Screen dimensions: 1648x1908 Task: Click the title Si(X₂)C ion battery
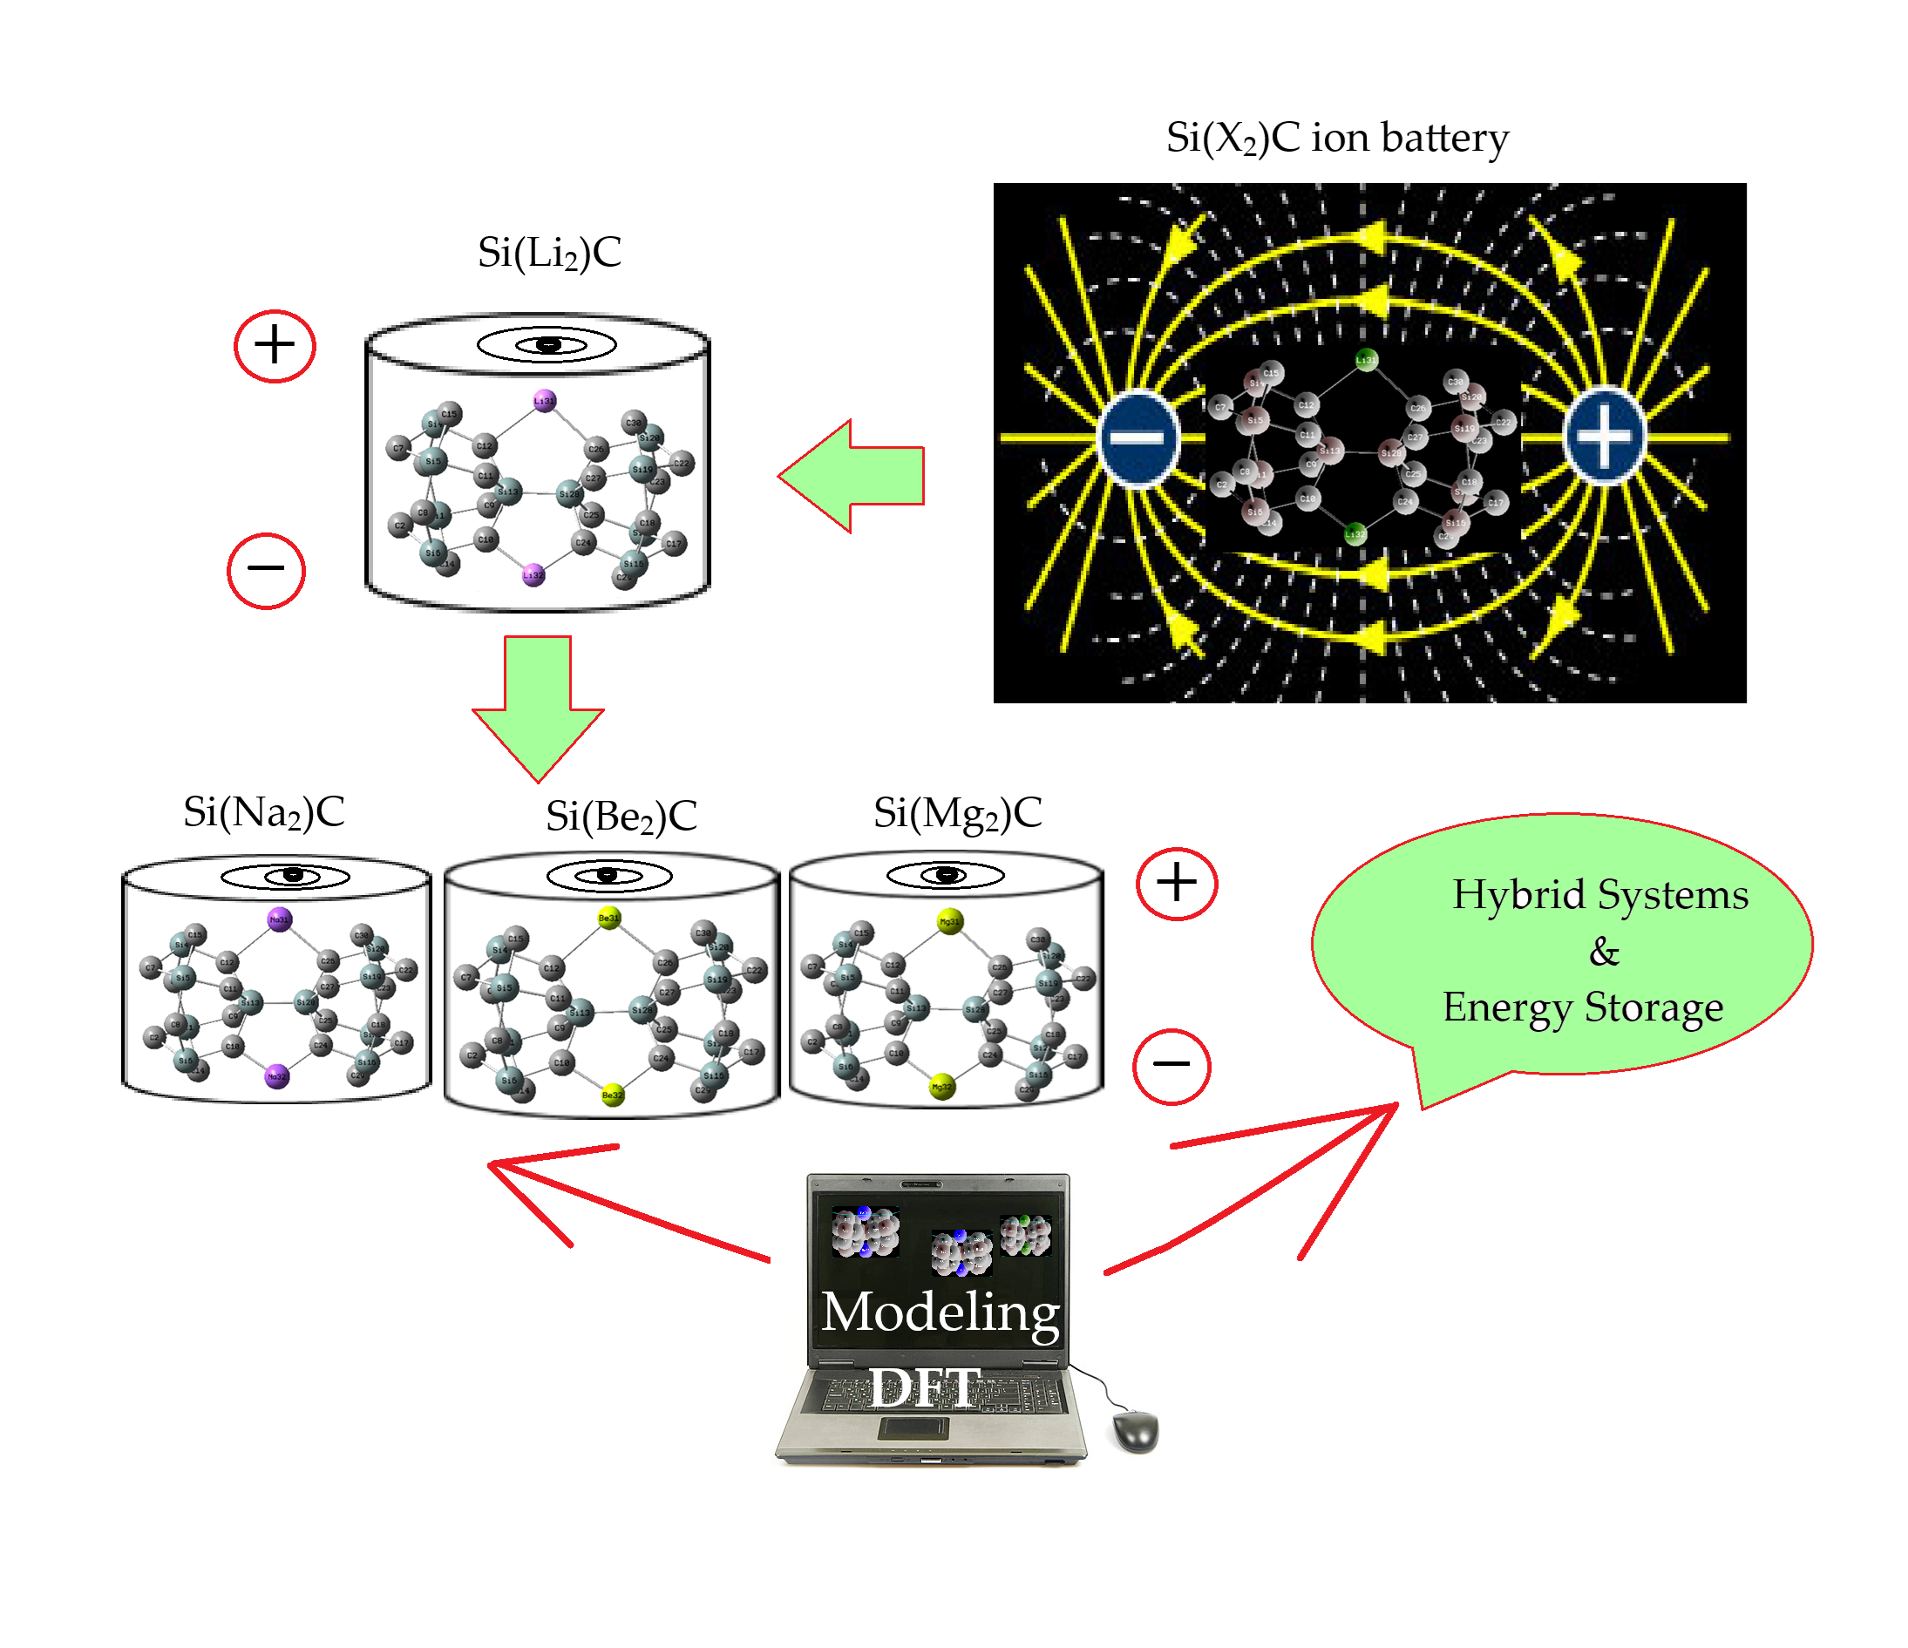pyautogui.click(x=1336, y=138)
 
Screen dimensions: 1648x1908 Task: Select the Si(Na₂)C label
pyautogui.click(x=263, y=813)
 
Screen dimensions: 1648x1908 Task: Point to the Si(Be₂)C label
pyautogui.click(x=621, y=817)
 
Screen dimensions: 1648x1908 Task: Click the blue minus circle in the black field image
pyautogui.click(x=1138, y=438)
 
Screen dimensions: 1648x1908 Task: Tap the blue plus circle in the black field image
pyautogui.click(x=1603, y=437)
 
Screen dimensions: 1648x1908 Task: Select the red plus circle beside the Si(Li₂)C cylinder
pyautogui.click(x=275, y=346)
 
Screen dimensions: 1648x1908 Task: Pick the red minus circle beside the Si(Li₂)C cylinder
pyautogui.click(x=266, y=570)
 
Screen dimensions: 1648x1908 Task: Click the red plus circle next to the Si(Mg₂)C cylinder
pyautogui.click(x=1176, y=884)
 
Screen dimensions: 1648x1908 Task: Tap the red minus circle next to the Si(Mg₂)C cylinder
pyautogui.click(x=1171, y=1065)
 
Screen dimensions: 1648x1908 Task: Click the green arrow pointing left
pyautogui.click(x=852, y=476)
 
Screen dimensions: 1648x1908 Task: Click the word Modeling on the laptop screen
pyautogui.click(x=940, y=1312)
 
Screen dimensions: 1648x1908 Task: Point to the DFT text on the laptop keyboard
pyautogui.click(x=925, y=1388)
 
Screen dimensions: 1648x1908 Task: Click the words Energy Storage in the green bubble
pyautogui.click(x=1582, y=1008)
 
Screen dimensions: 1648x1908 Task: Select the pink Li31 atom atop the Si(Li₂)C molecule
pyautogui.click(x=544, y=401)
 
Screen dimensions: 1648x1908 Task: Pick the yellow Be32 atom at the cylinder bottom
pyautogui.click(x=613, y=1095)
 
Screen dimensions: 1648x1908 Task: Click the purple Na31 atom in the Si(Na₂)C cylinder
pyautogui.click(x=279, y=918)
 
